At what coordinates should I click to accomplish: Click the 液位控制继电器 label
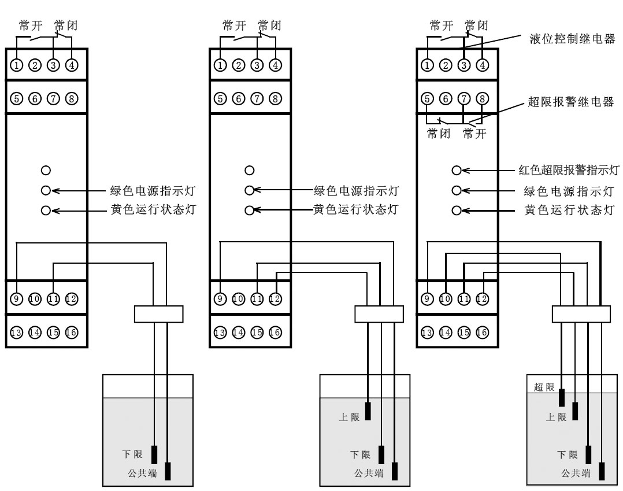click(x=572, y=40)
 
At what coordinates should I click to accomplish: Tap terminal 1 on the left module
click(x=17, y=65)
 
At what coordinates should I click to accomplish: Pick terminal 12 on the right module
click(x=482, y=299)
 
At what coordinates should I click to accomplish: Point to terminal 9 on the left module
click(x=17, y=299)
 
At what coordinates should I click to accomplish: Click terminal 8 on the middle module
click(x=275, y=98)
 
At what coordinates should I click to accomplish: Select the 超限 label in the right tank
click(x=544, y=387)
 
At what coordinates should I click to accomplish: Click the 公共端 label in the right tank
click(x=576, y=473)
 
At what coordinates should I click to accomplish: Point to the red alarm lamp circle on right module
click(x=457, y=171)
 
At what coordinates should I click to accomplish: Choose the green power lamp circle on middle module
click(x=249, y=190)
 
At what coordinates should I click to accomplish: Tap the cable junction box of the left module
click(x=158, y=313)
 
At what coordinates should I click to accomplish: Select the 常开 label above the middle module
click(x=235, y=25)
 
